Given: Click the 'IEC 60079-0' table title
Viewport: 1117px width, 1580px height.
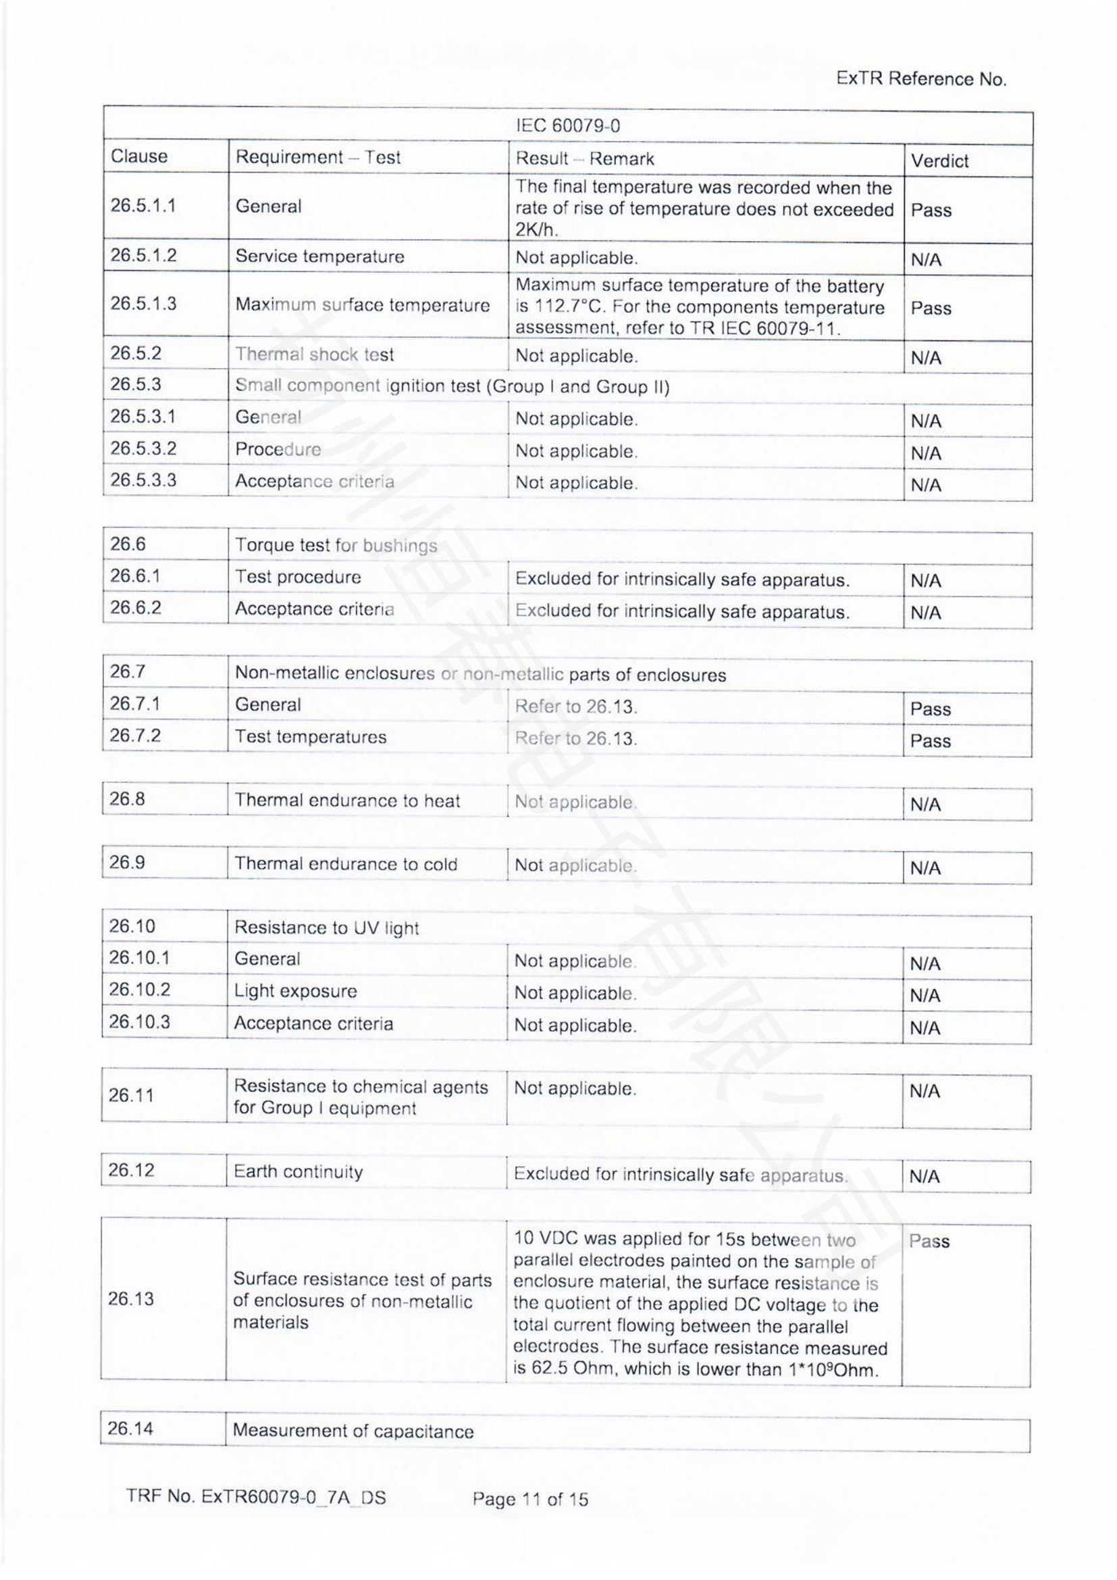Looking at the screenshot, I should click(567, 126).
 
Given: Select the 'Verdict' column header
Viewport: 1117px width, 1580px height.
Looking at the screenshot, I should click(939, 161).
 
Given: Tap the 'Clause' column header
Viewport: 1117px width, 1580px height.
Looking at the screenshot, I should click(139, 156).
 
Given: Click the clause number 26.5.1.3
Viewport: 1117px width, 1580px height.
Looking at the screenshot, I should click(143, 303).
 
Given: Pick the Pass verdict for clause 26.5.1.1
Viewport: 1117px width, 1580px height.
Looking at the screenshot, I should click(931, 210).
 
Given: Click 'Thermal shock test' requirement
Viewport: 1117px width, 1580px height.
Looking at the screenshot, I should click(314, 355).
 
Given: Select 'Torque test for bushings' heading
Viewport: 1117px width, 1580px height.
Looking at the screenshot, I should click(336, 546).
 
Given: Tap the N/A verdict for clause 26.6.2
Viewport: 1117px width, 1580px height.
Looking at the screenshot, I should click(925, 613).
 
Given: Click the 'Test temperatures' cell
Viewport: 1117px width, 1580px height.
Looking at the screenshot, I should click(310, 736).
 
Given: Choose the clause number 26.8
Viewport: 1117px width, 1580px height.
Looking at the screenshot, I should click(127, 799).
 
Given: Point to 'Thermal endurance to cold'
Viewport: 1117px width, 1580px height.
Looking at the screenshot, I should click(345, 864).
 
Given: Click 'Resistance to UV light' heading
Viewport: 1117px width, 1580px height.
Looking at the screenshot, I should click(326, 927).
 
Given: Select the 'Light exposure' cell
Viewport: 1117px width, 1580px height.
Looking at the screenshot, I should click(295, 991).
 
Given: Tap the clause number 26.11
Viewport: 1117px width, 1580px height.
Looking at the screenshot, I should click(131, 1095).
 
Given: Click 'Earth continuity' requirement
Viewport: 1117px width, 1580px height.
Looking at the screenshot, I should click(298, 1172).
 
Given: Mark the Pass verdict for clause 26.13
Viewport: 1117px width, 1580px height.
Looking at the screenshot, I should click(929, 1242).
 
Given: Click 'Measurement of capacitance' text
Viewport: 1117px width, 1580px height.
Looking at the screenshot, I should click(353, 1431).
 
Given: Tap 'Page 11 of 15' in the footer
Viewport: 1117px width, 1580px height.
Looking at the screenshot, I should click(530, 1500).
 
